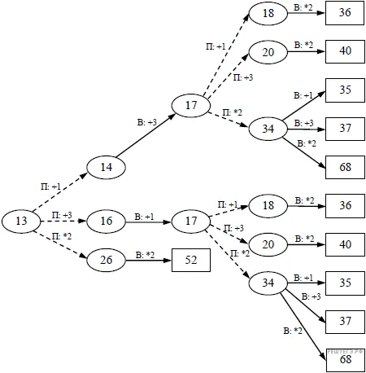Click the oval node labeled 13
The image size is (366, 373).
(21, 221)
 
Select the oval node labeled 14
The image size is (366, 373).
(106, 167)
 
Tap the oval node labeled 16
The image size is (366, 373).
(106, 221)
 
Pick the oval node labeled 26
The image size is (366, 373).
(106, 260)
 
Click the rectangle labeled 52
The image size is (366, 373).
(191, 260)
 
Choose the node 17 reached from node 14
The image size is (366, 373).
(191, 105)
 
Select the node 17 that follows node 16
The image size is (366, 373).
(191, 221)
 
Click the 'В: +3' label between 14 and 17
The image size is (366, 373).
(147, 122)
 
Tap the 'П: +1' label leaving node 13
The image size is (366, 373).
(50, 186)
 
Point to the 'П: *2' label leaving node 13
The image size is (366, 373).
(62, 236)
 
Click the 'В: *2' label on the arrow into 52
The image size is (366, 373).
(145, 255)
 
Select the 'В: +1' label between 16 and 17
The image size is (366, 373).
(144, 217)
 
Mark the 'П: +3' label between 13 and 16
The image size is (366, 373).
(62, 215)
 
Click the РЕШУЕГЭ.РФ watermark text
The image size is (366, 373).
(345, 352)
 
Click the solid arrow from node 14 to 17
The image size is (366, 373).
(146, 136)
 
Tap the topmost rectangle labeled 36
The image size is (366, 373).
(345, 13)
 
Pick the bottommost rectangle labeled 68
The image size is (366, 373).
(346, 360)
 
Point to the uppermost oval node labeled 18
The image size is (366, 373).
(268, 13)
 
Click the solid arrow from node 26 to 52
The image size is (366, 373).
(149, 261)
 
